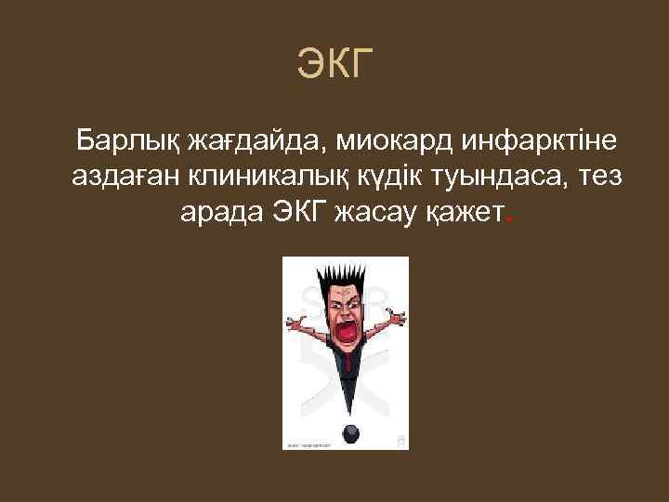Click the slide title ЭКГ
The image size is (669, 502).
[x=334, y=64]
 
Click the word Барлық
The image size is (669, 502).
[x=127, y=142]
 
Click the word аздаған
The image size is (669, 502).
[x=124, y=179]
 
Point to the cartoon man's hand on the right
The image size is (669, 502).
[x=400, y=317]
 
